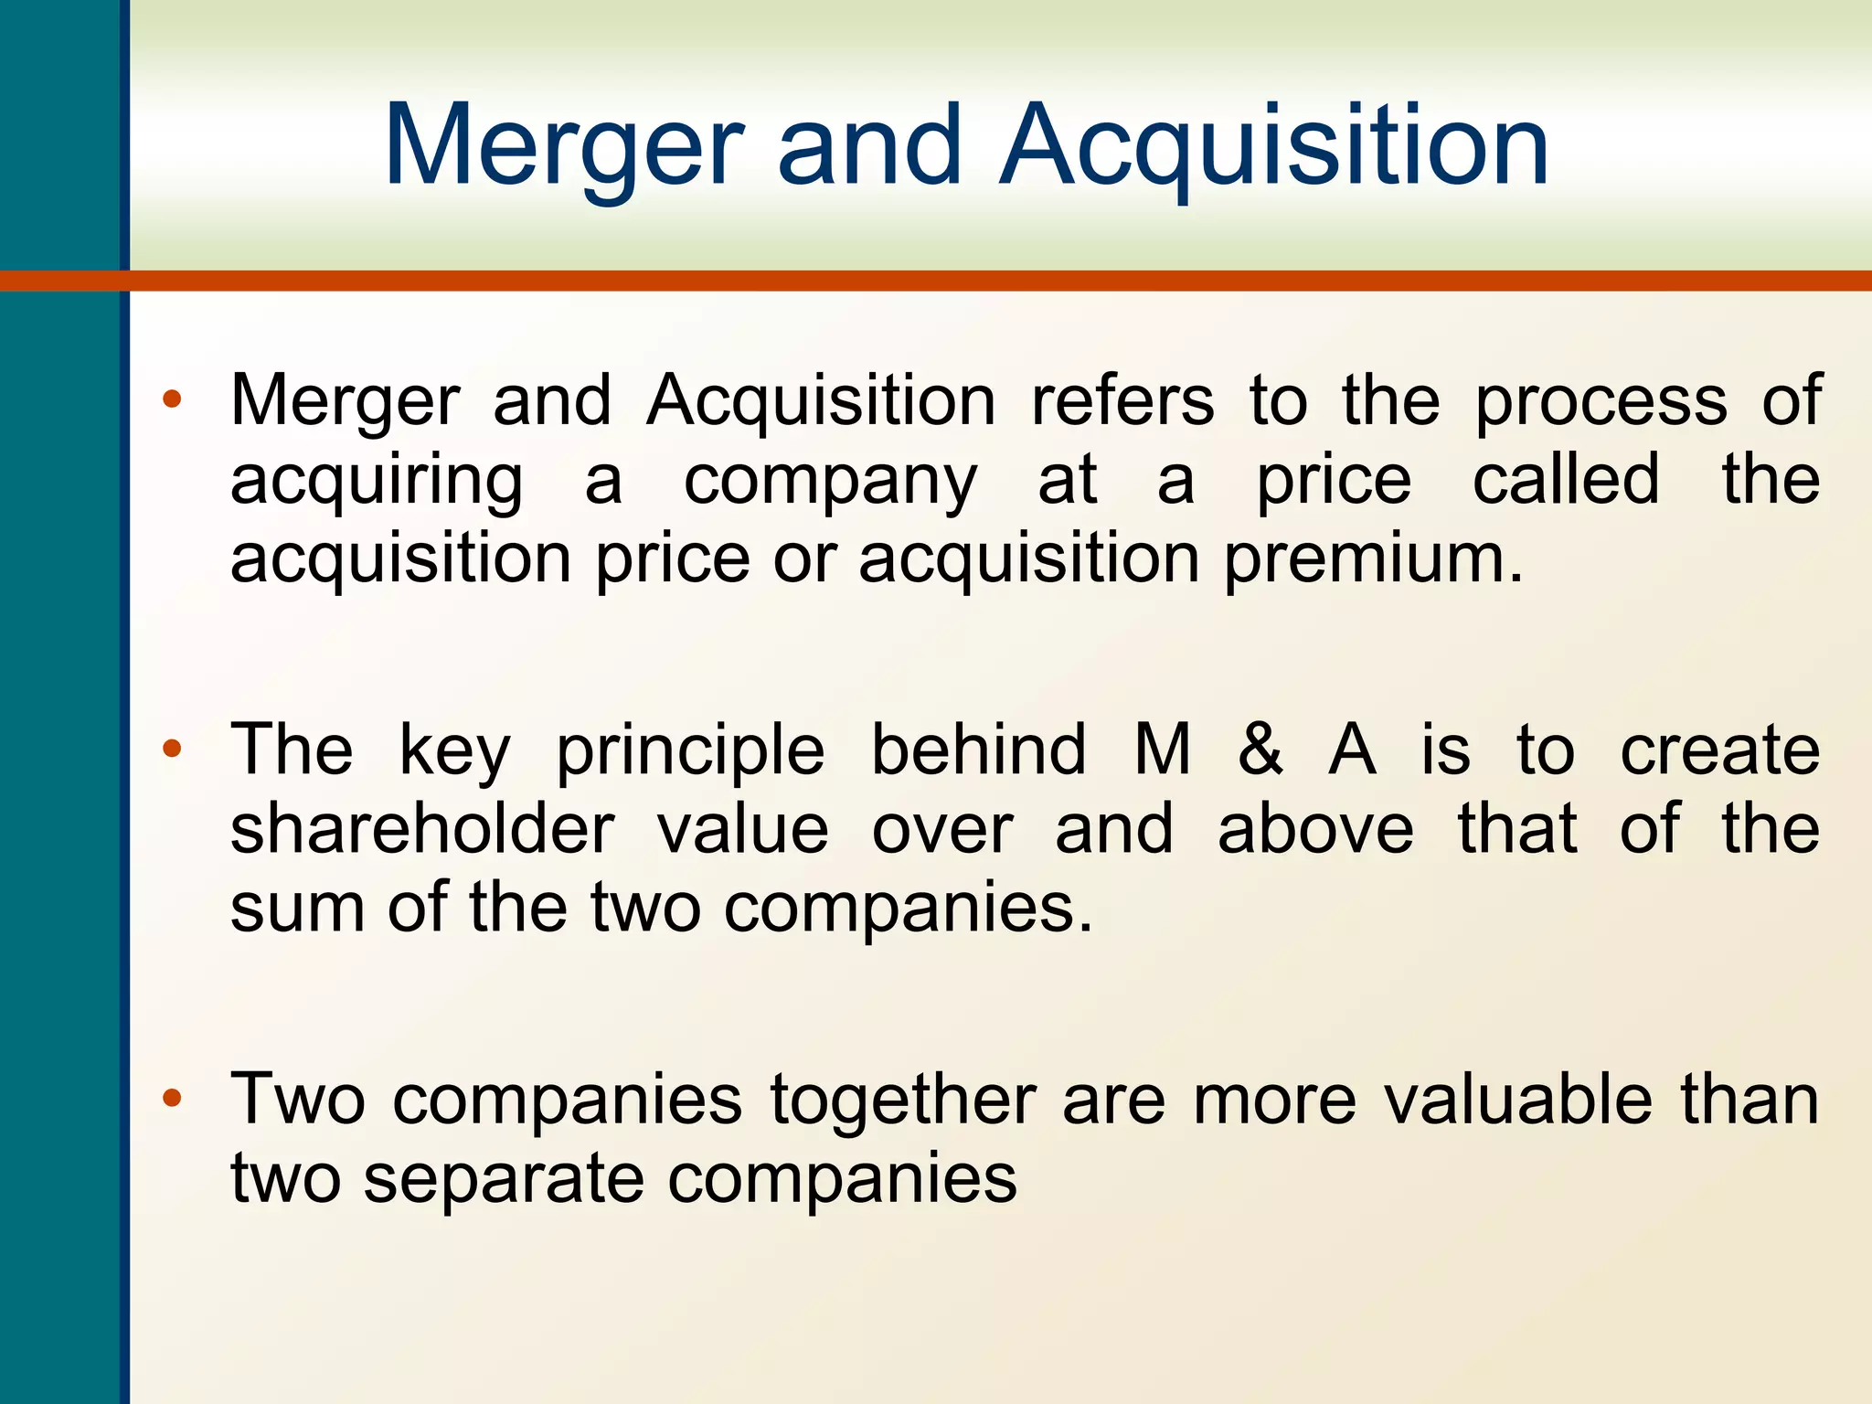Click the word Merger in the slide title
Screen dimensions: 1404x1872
click(x=563, y=146)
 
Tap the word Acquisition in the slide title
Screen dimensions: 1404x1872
click(x=1274, y=146)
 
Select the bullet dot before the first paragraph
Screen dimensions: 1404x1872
click(x=172, y=399)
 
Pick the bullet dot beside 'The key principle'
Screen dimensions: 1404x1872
click(x=172, y=750)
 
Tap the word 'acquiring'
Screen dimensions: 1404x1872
click(x=377, y=483)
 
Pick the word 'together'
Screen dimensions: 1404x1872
click(x=903, y=1101)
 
